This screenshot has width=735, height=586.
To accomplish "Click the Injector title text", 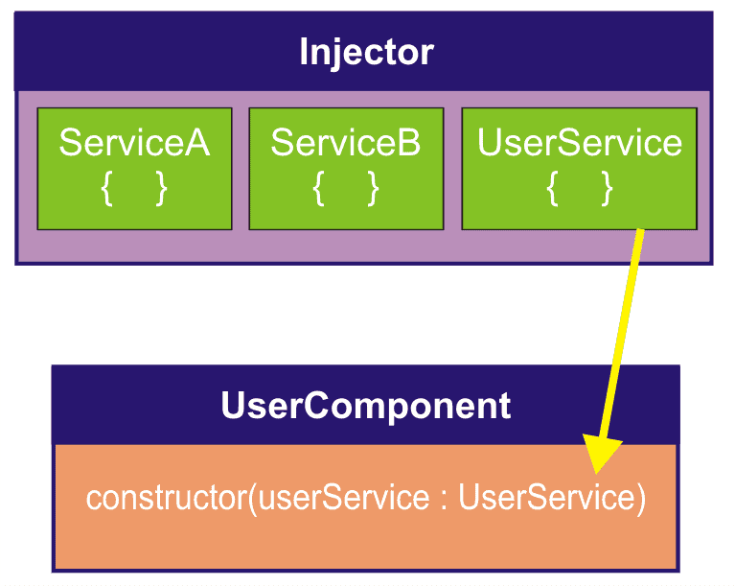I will (x=366, y=52).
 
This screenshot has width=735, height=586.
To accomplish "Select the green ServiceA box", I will (x=134, y=169).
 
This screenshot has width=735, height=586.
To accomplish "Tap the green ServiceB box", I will (x=346, y=169).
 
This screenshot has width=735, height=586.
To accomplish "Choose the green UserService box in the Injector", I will (x=579, y=169).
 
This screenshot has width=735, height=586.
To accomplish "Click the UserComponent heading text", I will (x=366, y=406).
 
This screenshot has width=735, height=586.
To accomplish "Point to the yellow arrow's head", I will (x=601, y=456).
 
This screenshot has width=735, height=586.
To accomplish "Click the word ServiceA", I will (x=134, y=143).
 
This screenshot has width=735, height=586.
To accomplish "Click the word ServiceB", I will (x=346, y=143).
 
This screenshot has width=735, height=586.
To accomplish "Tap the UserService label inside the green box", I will (x=579, y=143).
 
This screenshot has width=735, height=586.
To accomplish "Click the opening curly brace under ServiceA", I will (x=107, y=190).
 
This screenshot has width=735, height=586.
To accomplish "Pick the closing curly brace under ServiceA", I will (x=161, y=190).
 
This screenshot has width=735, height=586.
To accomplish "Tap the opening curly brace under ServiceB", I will (x=319, y=190).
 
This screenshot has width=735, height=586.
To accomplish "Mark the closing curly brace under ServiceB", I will (x=373, y=190).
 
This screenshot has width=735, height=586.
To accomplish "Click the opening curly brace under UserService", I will (x=552, y=190).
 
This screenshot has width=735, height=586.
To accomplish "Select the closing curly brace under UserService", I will (x=606, y=190).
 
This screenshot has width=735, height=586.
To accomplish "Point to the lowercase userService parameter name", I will (x=343, y=499).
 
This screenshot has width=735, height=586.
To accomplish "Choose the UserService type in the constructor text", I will (x=545, y=499).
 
